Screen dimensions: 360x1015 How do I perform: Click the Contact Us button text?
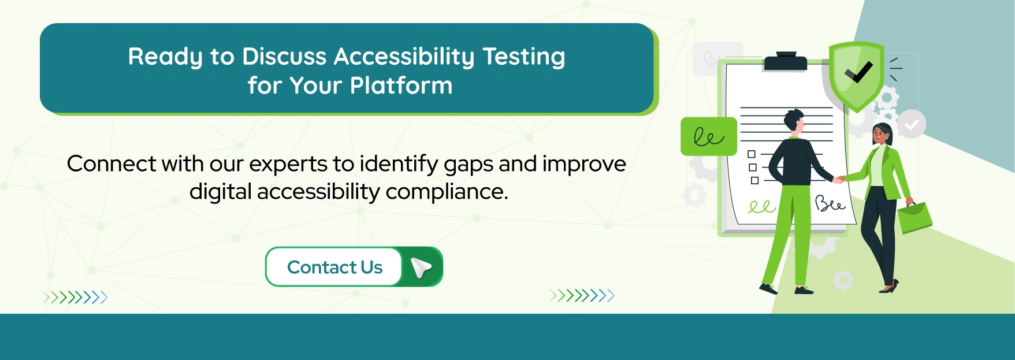(x=334, y=267)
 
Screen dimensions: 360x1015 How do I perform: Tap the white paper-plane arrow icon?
(x=421, y=267)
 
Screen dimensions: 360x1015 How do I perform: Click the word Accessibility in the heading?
(x=404, y=57)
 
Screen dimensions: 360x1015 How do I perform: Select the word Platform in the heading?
(x=401, y=86)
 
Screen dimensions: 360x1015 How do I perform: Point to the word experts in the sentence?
(x=288, y=164)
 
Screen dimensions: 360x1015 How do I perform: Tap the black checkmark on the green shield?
(x=858, y=73)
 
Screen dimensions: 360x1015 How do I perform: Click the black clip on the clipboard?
(x=785, y=61)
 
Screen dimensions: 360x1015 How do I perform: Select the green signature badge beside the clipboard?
(x=708, y=137)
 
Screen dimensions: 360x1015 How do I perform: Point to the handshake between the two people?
(x=838, y=179)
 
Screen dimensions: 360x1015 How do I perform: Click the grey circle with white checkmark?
(x=912, y=124)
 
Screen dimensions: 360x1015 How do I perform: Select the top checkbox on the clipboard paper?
(x=752, y=154)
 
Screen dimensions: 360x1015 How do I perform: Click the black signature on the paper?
(x=830, y=204)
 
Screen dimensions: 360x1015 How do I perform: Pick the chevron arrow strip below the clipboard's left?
(x=582, y=296)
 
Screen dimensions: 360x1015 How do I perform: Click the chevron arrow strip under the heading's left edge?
(x=75, y=298)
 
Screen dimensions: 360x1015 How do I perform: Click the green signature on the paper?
(x=761, y=207)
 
